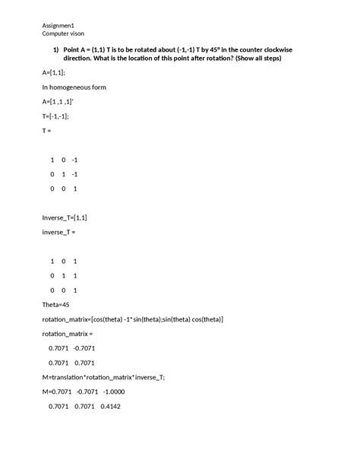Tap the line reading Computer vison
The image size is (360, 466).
pyautogui.click(x=63, y=35)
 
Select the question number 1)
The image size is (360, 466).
pyautogui.click(x=55, y=49)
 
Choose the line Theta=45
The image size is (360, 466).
pyautogui.click(x=58, y=304)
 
